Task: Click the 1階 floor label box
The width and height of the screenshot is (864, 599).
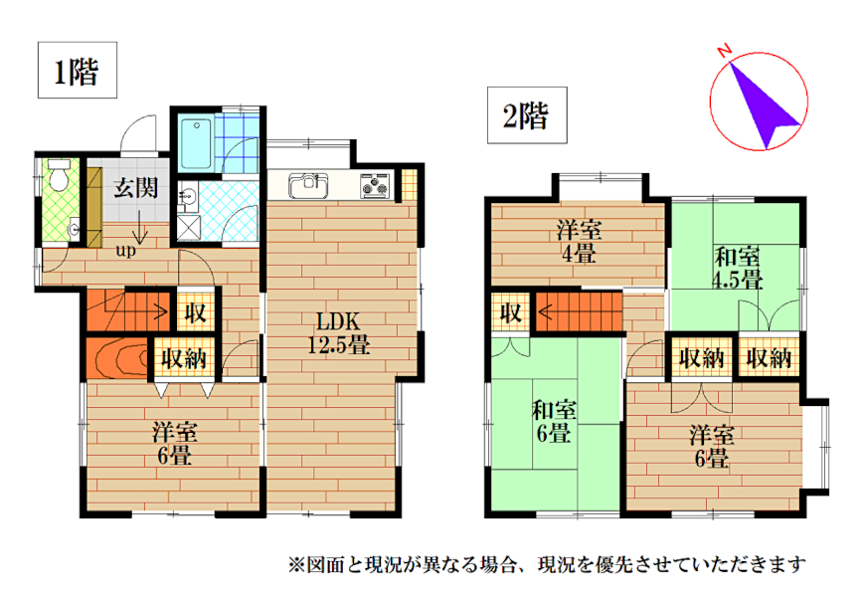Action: point(78,70)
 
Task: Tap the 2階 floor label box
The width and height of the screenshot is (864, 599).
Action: point(527,115)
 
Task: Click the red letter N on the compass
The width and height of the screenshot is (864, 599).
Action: point(724,51)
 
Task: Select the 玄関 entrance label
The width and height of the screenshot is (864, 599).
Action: point(136,187)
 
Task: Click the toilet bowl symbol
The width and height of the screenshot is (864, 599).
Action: point(58,175)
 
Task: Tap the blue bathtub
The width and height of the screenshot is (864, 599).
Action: point(196,143)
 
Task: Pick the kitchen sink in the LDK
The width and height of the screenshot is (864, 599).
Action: point(308,185)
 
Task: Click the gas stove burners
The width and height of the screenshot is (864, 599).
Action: point(375,185)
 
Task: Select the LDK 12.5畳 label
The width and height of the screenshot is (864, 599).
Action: point(338,333)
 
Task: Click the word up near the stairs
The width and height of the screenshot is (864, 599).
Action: point(125,251)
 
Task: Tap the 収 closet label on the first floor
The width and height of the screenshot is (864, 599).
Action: point(195,312)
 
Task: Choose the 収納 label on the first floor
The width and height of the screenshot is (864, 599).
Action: point(184,359)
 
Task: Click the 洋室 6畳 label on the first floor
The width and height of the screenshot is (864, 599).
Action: point(174,444)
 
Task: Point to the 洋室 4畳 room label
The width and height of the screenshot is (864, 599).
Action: point(579,242)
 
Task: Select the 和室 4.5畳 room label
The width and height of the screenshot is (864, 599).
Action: point(738,269)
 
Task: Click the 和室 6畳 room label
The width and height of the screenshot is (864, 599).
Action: point(553,422)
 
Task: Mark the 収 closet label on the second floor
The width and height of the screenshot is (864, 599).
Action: point(511,313)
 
